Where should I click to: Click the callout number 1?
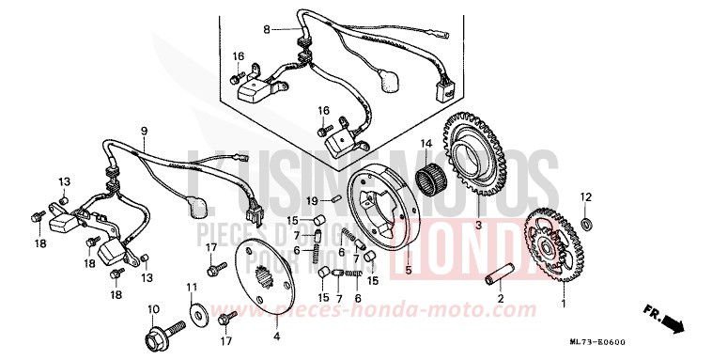pyautogui.click(x=564, y=305)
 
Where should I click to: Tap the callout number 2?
pyautogui.click(x=502, y=299)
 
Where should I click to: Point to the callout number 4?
pyautogui.click(x=276, y=336)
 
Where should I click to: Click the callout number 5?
pyautogui.click(x=408, y=272)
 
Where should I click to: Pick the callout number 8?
pyautogui.click(x=266, y=30)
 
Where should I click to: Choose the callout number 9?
pyautogui.click(x=145, y=131)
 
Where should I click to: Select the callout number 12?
pyautogui.click(x=585, y=196)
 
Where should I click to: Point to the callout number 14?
pyautogui.click(x=425, y=144)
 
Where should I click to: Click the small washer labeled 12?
pyautogui.click(x=587, y=224)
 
